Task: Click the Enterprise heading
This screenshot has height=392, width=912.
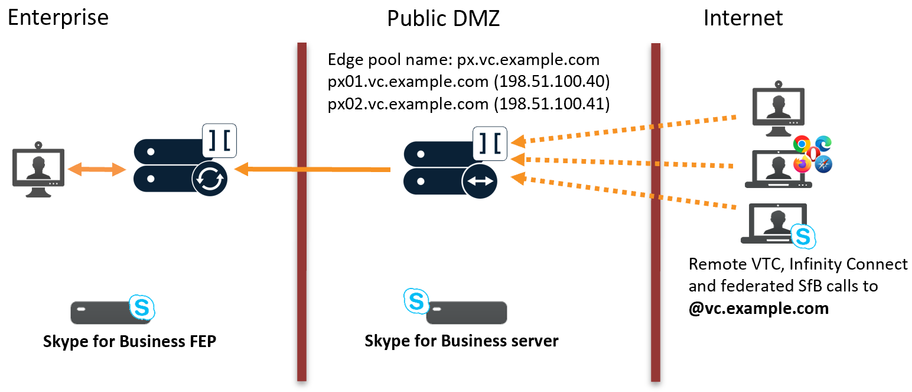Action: pyautogui.click(x=58, y=18)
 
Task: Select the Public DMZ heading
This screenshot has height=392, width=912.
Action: pyautogui.click(x=443, y=18)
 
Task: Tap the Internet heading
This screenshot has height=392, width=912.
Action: pyautogui.click(x=742, y=18)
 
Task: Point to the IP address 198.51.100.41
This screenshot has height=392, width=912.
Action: pyautogui.click(x=553, y=104)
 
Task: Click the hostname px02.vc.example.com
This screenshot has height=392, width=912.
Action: pyautogui.click(x=408, y=104)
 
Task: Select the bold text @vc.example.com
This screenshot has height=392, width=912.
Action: pyautogui.click(x=758, y=308)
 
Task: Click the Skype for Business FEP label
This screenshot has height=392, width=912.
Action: pyautogui.click(x=129, y=342)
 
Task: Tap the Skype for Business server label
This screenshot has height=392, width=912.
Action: pyautogui.click(x=461, y=341)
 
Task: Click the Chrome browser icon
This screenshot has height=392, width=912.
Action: pyautogui.click(x=802, y=144)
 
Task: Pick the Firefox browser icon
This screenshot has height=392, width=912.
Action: pyautogui.click(x=802, y=165)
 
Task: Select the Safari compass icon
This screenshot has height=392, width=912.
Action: pyautogui.click(x=823, y=165)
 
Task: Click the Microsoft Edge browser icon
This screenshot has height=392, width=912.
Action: pyautogui.click(x=823, y=144)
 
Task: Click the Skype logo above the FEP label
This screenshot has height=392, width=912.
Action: pyautogui.click(x=142, y=307)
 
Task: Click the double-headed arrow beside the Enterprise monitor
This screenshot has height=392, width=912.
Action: pyautogui.click(x=97, y=170)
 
